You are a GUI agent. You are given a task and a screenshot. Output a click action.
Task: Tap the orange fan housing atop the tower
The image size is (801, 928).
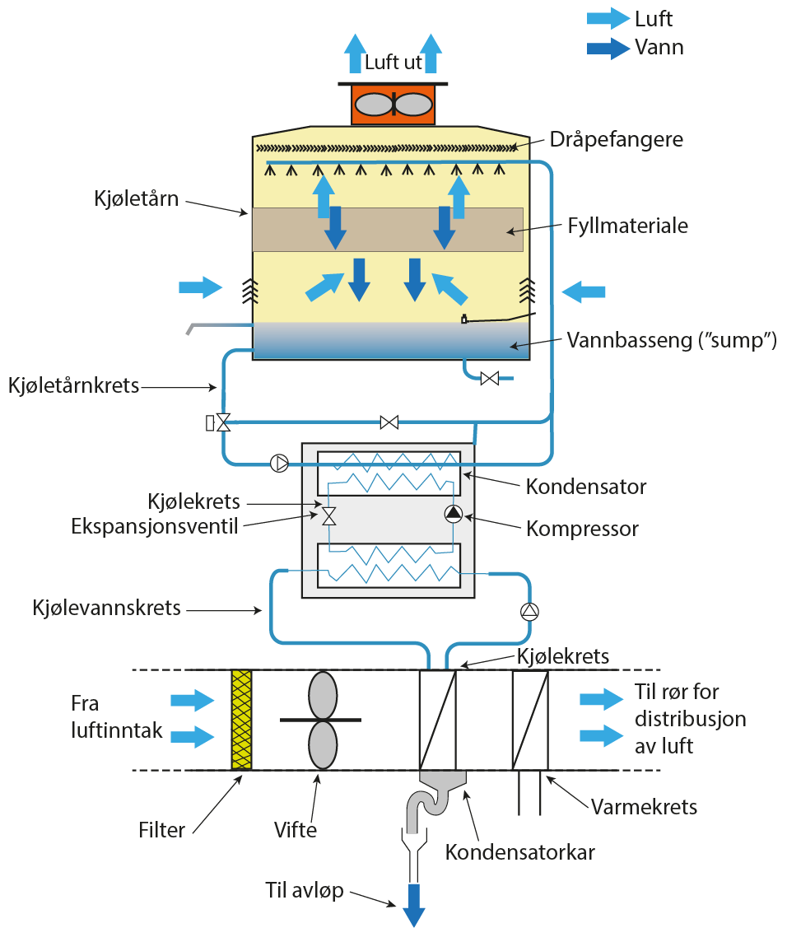pos(394,105)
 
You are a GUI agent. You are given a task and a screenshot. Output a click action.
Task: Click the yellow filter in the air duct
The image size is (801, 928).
pos(241,720)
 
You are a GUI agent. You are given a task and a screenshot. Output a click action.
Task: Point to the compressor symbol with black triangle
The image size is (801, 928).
pos(453,515)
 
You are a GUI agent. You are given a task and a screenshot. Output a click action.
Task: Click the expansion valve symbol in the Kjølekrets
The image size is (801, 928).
pos(328,516)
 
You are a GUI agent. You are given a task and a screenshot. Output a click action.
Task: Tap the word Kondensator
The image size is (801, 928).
pos(586,487)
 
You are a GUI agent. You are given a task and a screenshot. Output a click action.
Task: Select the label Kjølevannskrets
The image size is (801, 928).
pos(107,609)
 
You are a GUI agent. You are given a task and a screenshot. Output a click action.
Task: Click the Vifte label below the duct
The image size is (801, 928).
pos(296,830)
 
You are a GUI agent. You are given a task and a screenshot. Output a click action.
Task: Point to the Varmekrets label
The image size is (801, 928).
pos(644,806)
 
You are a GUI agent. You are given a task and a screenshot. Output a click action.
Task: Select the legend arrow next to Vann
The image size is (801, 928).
pos(608,48)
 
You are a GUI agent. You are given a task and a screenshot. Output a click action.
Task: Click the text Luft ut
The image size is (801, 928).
pos(394,63)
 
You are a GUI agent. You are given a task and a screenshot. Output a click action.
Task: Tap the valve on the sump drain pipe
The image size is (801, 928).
pos(489,379)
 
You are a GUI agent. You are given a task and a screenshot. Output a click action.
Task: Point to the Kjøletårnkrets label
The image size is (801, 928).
pos(74,385)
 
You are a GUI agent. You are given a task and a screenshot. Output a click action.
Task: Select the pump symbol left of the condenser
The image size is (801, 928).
pos(280,463)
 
